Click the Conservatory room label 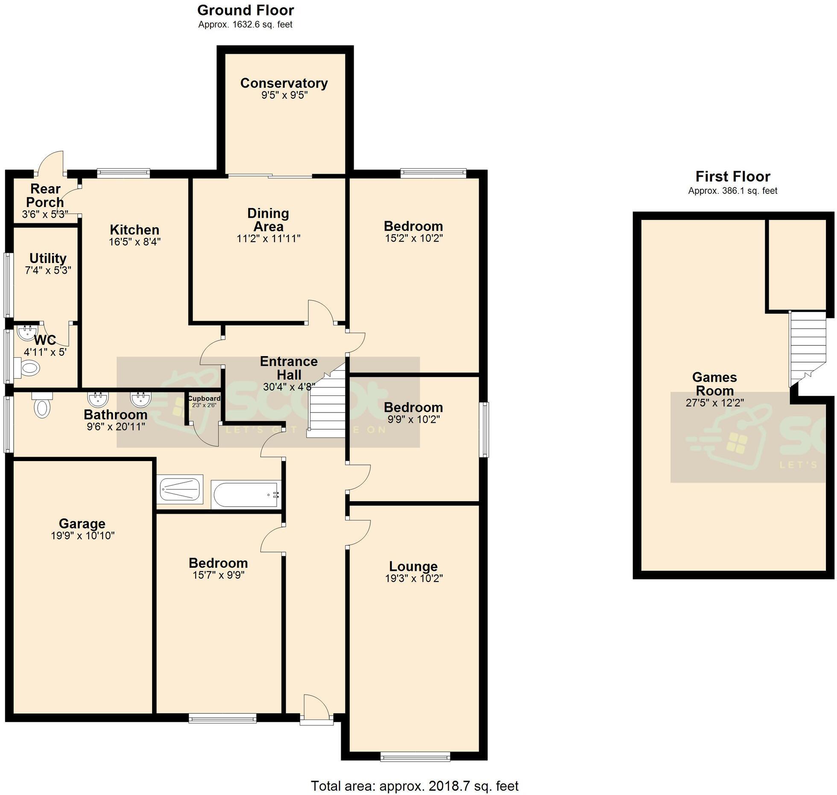(x=284, y=83)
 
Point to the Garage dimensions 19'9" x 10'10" (x=82, y=536)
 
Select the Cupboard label (x=204, y=398)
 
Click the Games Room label (x=714, y=384)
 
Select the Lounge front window (x=415, y=757)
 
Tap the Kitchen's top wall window (x=123, y=173)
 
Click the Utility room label (x=48, y=258)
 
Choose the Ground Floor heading (x=246, y=10)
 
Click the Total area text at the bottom (x=414, y=786)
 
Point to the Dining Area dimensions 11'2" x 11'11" (x=268, y=239)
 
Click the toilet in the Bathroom (x=42, y=406)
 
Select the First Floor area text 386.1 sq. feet (x=732, y=191)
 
